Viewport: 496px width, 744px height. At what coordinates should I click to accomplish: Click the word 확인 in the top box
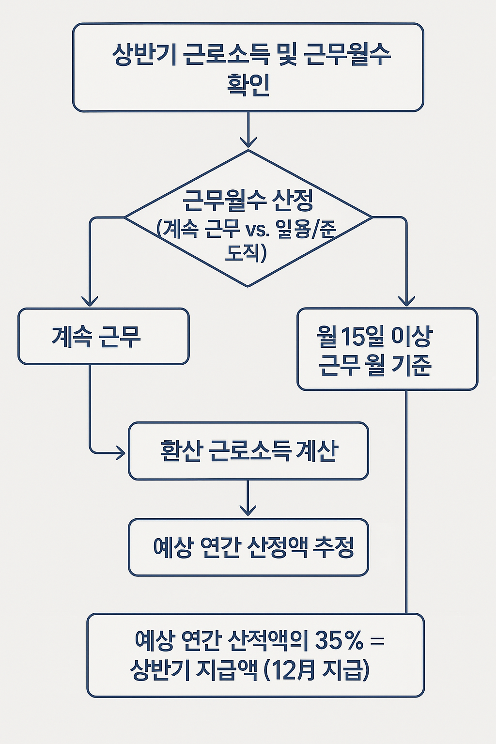pyautogui.click(x=248, y=84)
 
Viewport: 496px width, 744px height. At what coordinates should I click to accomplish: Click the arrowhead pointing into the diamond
pyautogui.click(x=248, y=142)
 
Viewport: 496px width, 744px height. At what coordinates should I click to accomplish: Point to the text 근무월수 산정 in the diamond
pyautogui.click(x=248, y=200)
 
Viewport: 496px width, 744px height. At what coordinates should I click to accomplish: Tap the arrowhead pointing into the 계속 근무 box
pyautogui.click(x=90, y=301)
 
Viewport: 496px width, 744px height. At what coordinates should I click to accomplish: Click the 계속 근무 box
pyautogui.click(x=103, y=336)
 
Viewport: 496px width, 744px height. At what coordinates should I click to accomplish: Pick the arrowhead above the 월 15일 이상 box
pyautogui.click(x=406, y=301)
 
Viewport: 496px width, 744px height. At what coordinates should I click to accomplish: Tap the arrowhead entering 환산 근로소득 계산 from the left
pyautogui.click(x=120, y=453)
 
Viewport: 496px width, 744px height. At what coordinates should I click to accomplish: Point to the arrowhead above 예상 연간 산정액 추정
pyautogui.click(x=248, y=510)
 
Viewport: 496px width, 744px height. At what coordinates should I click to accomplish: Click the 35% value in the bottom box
pyautogui.click(x=339, y=640)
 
